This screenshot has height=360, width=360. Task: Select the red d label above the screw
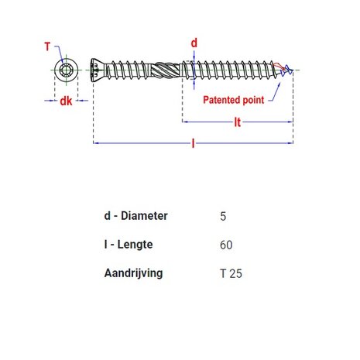[x=194, y=42]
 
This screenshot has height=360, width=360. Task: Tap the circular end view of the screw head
[x=66, y=70]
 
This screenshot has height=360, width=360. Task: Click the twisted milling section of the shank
[x=163, y=70]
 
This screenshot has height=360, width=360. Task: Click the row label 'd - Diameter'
[x=135, y=216]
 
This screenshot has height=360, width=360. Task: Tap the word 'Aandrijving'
[x=133, y=273]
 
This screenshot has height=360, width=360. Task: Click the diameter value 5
[x=224, y=217]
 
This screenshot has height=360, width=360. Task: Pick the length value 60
[x=226, y=245]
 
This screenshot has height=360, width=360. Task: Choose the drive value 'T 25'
[x=231, y=274]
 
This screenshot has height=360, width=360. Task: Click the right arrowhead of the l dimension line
[x=290, y=143]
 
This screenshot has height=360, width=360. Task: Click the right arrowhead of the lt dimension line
[x=290, y=122]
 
